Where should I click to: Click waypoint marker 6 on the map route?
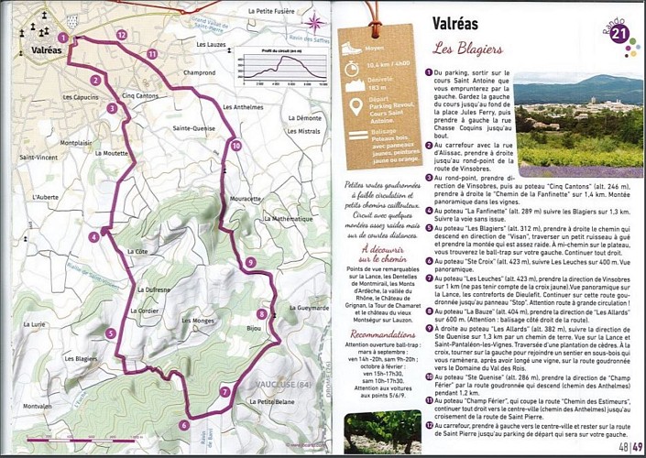click(x=183, y=424)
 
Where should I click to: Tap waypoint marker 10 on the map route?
click(x=235, y=145)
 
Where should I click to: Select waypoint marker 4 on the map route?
click(x=93, y=237)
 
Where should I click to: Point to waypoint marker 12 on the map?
click(x=121, y=34)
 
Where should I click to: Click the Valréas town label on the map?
click(x=46, y=50)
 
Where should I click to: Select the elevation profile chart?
click(x=281, y=64)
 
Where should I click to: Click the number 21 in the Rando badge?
click(x=619, y=33)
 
